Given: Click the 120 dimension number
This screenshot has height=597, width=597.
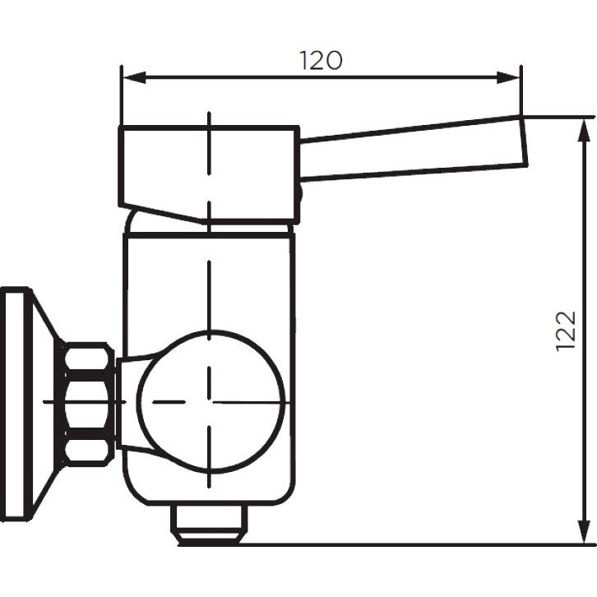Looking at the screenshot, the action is pyautogui.click(x=321, y=60).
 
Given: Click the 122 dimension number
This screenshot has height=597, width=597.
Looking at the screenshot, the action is pyautogui.click(x=566, y=331).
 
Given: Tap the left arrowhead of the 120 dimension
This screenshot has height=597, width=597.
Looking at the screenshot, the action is pyautogui.click(x=134, y=77).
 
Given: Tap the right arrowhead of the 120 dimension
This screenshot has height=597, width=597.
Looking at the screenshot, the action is pyautogui.click(x=508, y=77).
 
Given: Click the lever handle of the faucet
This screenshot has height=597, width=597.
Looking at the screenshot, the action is pyautogui.click(x=414, y=147).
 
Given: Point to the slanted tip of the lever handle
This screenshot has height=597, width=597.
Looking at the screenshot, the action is pyautogui.click(x=524, y=140).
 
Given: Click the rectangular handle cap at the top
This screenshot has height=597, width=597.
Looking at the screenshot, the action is pyautogui.click(x=209, y=174).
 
